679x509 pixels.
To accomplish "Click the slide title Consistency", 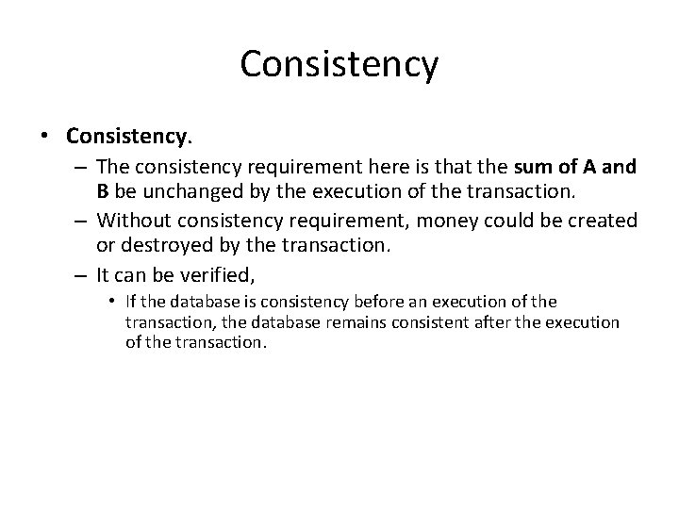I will [x=339, y=64].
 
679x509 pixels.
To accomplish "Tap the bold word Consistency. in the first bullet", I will [x=129, y=136].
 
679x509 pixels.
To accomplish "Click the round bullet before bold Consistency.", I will [x=46, y=137].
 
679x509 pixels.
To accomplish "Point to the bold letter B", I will [x=103, y=192].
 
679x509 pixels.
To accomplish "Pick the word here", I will [x=370, y=167].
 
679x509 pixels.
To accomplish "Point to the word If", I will [x=130, y=302].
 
